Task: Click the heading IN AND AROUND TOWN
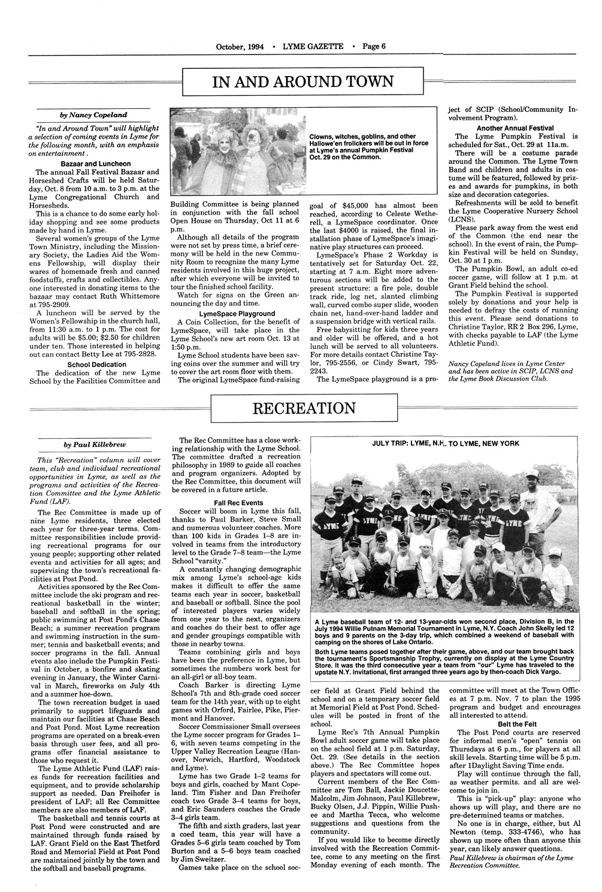coord(303,82)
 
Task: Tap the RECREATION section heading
coord(304,409)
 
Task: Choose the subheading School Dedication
coord(96,364)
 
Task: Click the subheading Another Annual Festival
coord(515,128)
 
